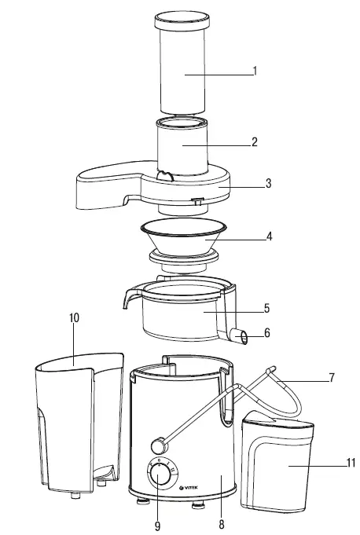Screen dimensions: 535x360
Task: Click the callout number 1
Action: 255,71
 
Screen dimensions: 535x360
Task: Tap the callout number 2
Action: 255,143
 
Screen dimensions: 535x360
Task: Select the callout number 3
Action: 268,184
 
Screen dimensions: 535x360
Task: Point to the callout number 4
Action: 269,235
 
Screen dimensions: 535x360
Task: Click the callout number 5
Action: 267,307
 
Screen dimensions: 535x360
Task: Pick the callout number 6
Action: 267,333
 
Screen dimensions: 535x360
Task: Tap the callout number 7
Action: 332,378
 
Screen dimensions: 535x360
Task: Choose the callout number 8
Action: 222,523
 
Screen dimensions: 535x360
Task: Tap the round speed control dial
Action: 160,477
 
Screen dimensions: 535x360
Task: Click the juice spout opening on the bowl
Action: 244,338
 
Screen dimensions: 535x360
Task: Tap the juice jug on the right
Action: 280,464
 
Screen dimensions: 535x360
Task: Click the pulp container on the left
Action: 75,424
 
